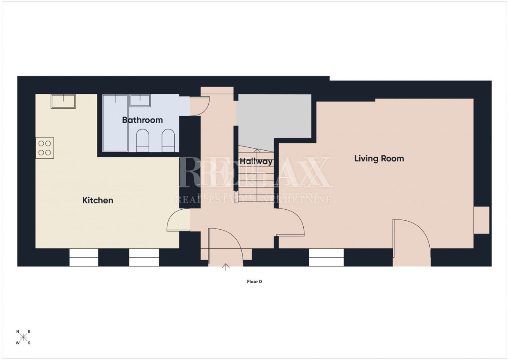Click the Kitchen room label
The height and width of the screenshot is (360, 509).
98,200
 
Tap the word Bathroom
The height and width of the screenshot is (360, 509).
143,120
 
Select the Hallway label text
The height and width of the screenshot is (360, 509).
256,161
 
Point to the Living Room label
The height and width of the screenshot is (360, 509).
379,158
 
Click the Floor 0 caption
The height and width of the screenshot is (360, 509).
255,281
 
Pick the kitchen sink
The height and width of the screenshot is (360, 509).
63,101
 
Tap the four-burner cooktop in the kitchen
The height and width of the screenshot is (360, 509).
45,148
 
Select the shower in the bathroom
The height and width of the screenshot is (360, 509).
115,123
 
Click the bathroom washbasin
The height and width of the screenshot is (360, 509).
140,100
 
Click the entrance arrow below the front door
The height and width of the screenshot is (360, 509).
226,267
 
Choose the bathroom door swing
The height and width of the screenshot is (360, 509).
199,106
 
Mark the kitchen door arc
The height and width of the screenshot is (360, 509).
178,222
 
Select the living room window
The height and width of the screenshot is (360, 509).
326,258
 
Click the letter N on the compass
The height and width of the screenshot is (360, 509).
18,332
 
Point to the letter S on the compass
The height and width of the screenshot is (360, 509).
29,343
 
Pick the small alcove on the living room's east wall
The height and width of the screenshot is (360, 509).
481,220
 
